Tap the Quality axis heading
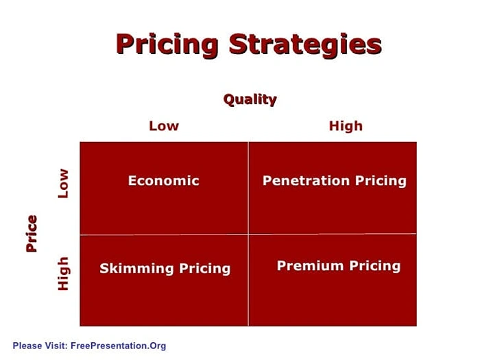[250, 99]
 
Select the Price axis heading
[32, 233]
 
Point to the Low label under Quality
[164, 126]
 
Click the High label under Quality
[346, 126]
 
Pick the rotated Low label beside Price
[63, 183]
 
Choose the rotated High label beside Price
[63, 273]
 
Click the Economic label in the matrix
[164, 181]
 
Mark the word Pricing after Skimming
[204, 268]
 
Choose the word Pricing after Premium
[374, 265]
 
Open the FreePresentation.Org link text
[118, 346]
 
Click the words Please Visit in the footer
[39, 346]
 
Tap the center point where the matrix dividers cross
[248, 235]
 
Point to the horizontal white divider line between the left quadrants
[165, 235]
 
